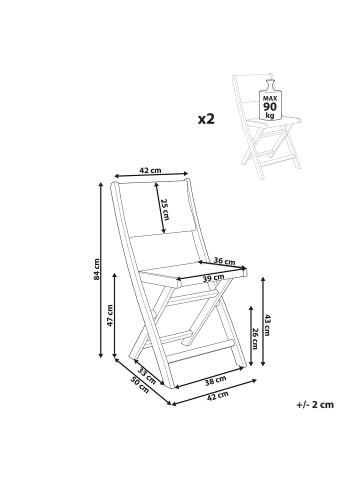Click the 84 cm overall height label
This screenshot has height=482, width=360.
[97, 269]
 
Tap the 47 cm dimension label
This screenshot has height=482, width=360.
[110, 315]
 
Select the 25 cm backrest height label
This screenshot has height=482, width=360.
[165, 209]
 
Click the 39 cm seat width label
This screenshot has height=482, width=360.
[214, 278]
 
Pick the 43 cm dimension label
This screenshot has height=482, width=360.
[267, 325]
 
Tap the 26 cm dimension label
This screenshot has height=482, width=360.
[255, 339]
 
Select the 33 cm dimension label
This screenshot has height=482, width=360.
[147, 376]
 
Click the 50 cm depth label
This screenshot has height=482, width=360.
[140, 385]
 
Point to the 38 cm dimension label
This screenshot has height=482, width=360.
[215, 380]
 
